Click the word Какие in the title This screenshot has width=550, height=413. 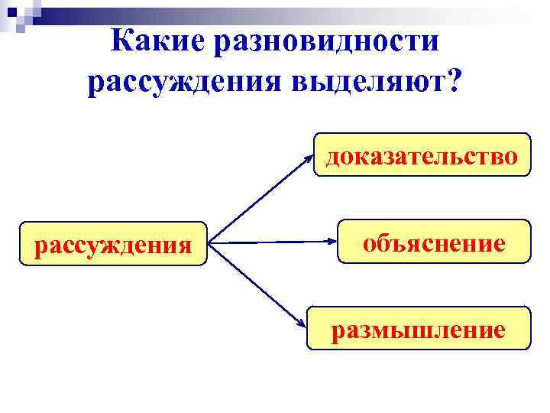tap(158, 41)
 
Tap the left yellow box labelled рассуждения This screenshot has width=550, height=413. tap(114, 244)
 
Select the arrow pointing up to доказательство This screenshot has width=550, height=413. tap(260, 200)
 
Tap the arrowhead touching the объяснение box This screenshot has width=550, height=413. tap(333, 242)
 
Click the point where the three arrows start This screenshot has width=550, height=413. tap(210, 244)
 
